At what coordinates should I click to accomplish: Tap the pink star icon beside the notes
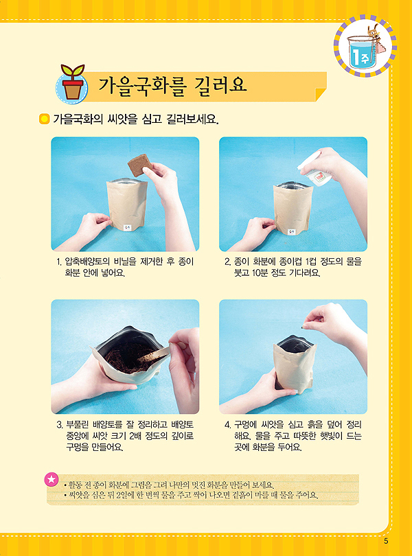coord(51,479)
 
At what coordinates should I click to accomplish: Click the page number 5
coord(386,541)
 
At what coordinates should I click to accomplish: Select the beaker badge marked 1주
coord(365,46)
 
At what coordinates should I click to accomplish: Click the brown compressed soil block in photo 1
coord(140,165)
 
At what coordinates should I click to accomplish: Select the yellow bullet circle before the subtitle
coord(44,119)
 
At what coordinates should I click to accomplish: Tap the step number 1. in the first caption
coord(59,262)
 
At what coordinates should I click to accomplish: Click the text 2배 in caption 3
coord(135,435)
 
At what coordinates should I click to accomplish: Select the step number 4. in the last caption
coord(228,424)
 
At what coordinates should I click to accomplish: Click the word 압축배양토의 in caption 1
coord(88,262)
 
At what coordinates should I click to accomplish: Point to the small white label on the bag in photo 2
coord(291,232)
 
